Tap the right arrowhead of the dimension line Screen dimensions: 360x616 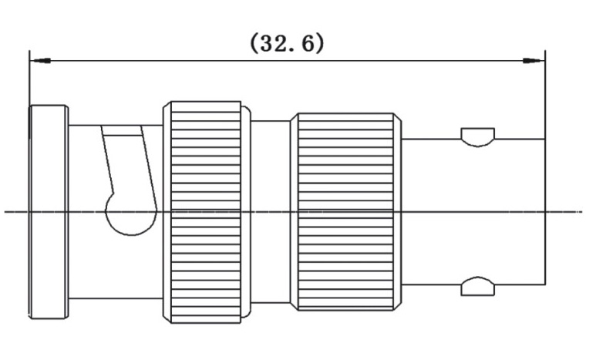(534, 60)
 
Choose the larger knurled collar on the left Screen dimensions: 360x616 (206, 211)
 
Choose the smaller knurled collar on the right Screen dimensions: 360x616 (346, 211)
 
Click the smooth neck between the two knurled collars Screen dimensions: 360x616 (270, 211)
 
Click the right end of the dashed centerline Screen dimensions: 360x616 (580, 211)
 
